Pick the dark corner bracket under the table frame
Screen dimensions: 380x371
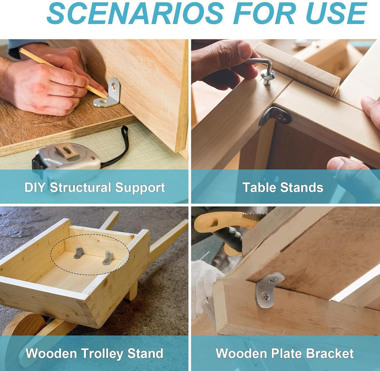[275, 116]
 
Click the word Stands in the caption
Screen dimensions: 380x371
[301, 188]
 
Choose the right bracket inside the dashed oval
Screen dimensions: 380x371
[108, 257]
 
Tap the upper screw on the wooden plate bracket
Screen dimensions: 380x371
[272, 280]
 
